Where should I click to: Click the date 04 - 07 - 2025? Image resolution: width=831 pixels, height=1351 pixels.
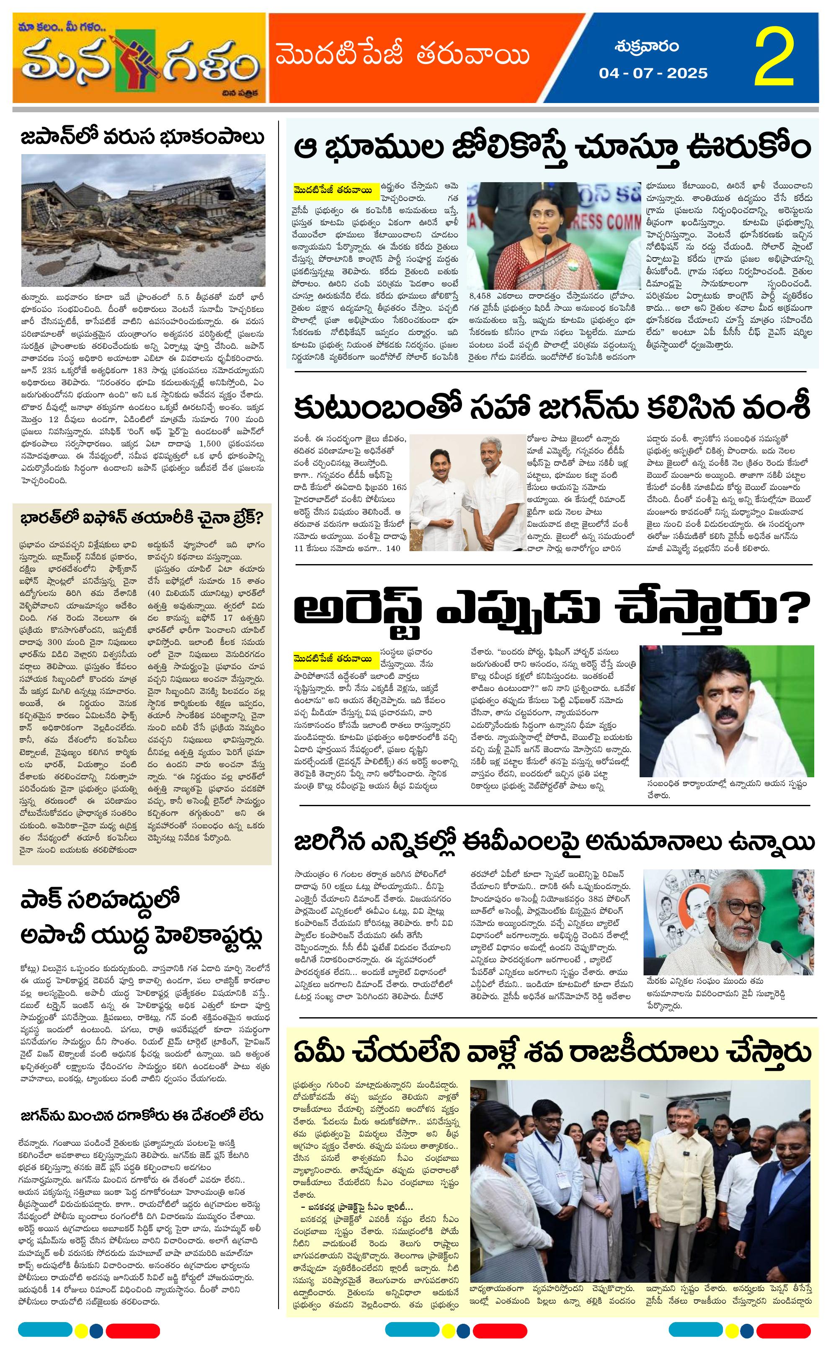(653, 73)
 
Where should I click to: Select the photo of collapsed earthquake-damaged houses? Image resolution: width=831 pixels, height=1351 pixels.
(143, 220)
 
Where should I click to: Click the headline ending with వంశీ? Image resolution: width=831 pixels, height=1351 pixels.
(551, 408)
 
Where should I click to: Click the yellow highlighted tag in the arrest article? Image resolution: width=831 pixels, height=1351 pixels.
(335, 657)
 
